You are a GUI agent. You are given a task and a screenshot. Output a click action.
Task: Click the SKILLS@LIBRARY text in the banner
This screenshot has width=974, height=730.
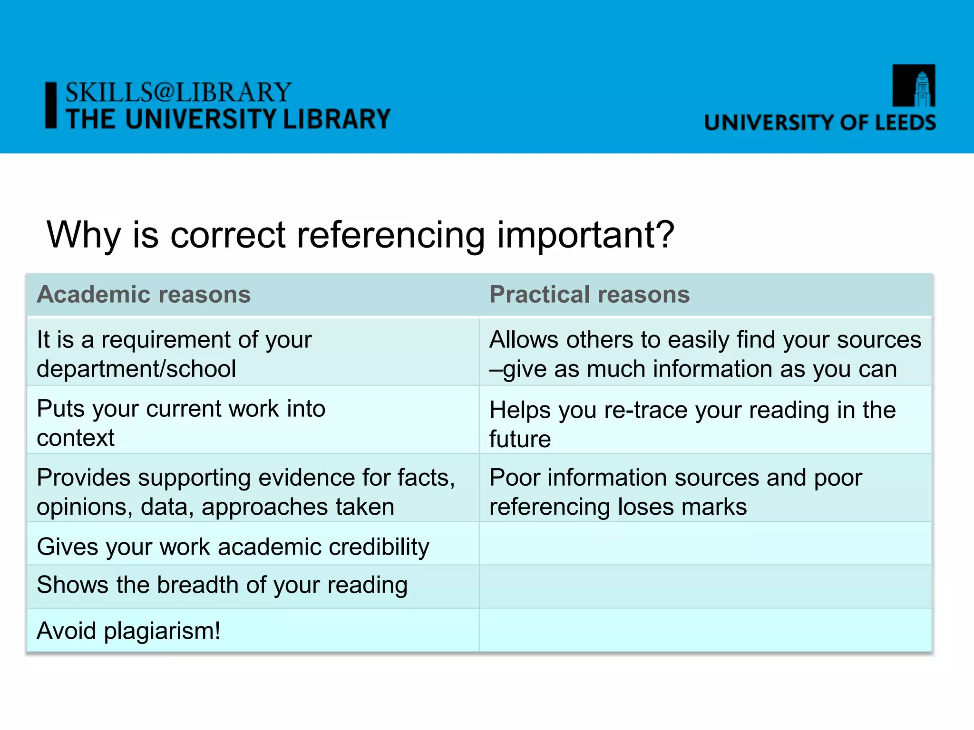(178, 92)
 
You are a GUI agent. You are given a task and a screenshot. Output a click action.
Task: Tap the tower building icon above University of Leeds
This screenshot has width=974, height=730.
(914, 86)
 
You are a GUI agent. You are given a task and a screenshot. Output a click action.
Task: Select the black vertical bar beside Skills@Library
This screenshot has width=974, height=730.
(51, 105)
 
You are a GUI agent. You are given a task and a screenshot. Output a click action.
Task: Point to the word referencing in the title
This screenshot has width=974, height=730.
(390, 235)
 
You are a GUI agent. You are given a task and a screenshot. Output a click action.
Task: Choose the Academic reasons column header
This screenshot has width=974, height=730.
(144, 294)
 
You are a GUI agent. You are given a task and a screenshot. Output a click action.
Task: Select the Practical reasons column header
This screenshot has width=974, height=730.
(589, 294)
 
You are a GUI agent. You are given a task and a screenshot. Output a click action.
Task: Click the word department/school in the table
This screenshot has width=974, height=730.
(136, 369)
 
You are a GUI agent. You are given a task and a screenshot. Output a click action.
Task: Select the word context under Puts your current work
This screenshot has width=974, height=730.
(76, 438)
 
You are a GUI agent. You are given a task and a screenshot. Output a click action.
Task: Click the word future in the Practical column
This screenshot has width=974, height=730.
(520, 439)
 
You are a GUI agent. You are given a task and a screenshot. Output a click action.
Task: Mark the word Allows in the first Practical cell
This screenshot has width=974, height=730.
(524, 340)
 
